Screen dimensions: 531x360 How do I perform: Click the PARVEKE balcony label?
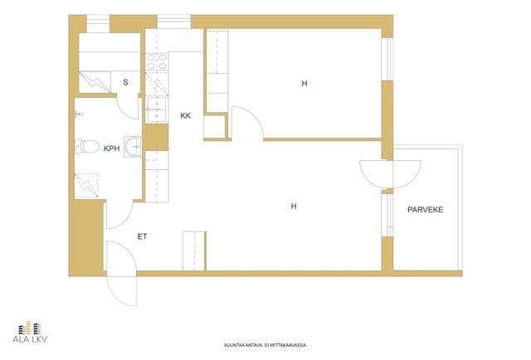[425, 210]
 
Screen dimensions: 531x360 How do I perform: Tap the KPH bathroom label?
[112, 148]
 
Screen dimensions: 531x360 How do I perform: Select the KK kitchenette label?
[185, 116]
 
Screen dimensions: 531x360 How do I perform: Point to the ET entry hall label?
[142, 236]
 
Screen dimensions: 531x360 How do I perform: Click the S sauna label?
[125, 82]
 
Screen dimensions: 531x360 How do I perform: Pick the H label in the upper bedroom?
[304, 83]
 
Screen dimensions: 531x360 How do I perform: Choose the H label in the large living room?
[294, 206]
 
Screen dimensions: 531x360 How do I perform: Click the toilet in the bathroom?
[87, 146]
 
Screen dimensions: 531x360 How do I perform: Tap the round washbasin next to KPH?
[133, 147]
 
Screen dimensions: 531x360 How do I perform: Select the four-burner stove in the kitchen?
[157, 61]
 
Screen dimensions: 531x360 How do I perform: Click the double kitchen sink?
[157, 109]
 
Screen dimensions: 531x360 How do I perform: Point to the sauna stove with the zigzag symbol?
[95, 82]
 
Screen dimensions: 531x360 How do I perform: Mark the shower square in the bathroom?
[86, 186]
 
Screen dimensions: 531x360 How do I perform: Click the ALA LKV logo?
[30, 332]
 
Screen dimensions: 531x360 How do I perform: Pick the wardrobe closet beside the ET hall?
[194, 251]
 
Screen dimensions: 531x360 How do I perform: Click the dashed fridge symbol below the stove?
[157, 84]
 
